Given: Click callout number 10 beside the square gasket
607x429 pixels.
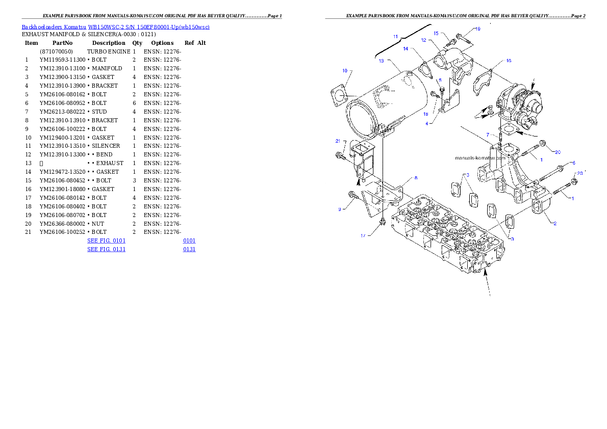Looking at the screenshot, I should (345, 70).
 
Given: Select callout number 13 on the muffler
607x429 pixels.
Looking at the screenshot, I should (381, 61).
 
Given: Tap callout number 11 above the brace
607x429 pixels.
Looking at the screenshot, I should (395, 37).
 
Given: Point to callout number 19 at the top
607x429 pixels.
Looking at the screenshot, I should (477, 29).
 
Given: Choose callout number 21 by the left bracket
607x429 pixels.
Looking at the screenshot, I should (338, 141).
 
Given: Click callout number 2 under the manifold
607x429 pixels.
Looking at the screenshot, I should (554, 223).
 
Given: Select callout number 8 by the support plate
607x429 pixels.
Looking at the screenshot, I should (416, 178).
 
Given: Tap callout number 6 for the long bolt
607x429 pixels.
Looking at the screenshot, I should (573, 163).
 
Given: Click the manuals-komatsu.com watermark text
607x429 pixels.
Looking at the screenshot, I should (480, 158).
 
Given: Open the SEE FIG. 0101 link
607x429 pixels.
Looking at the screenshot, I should (106, 240).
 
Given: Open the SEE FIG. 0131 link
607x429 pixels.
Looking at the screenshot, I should (106, 249).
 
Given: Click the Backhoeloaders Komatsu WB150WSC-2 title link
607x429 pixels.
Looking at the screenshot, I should (115, 27).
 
